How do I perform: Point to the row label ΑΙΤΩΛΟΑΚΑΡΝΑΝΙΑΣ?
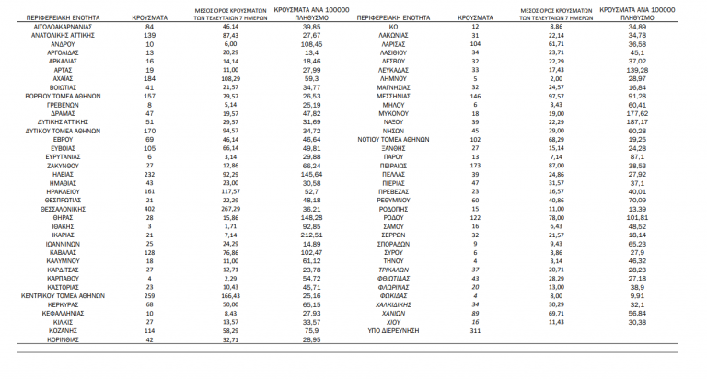pyautogui.click(x=64, y=28)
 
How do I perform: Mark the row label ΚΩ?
pyautogui.click(x=396, y=28)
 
